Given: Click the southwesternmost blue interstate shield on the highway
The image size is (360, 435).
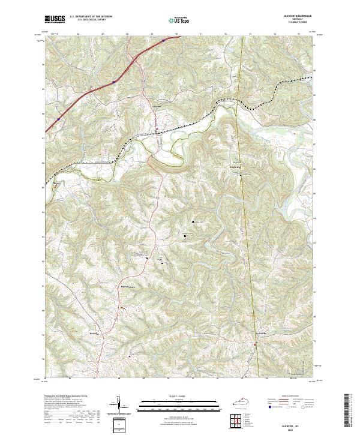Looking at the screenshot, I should coord(58,120).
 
